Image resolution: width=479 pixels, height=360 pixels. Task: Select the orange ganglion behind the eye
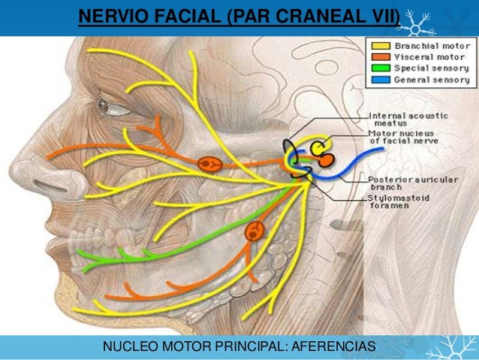tap(208, 163)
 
